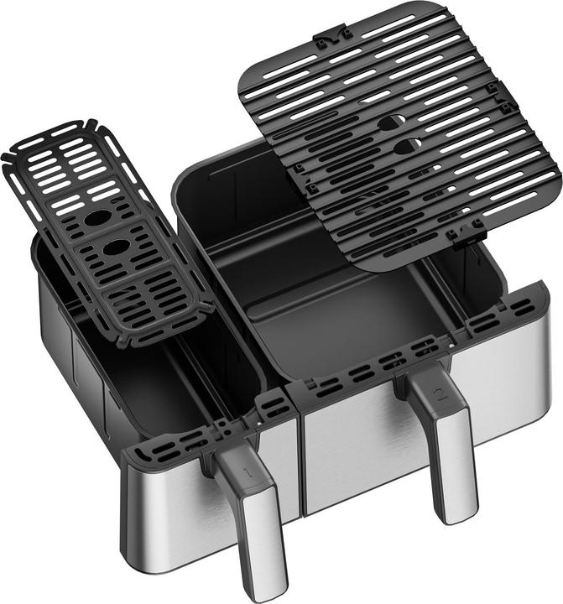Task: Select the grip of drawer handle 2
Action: (x=453, y=453)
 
